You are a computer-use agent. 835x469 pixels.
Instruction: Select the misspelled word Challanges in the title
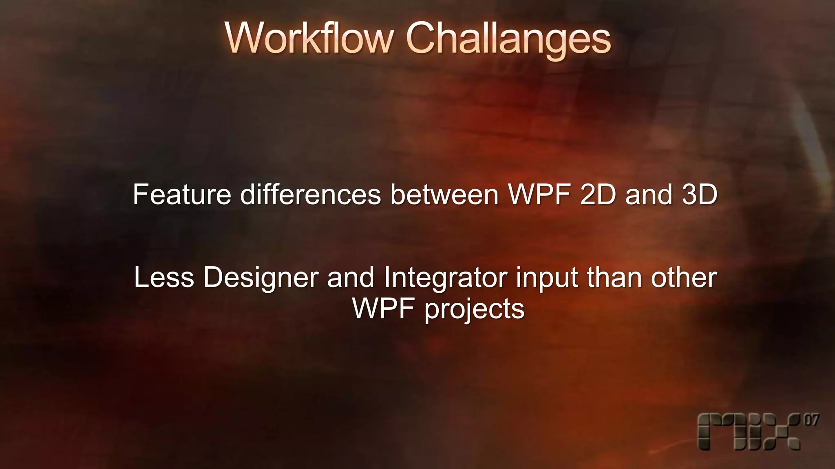[508, 38]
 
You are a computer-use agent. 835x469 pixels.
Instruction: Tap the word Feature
[182, 195]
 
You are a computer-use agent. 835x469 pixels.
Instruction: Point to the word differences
[310, 195]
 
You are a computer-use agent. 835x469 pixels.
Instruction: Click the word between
[444, 195]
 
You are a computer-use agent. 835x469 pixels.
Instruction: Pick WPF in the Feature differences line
[539, 195]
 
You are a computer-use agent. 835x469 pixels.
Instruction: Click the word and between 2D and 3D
[648, 195]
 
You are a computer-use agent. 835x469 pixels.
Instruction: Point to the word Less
[164, 278]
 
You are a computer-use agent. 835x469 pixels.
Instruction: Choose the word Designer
[261, 278]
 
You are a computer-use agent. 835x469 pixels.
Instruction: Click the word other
[684, 278]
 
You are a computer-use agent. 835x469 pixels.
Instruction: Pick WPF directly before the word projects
[383, 309]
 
